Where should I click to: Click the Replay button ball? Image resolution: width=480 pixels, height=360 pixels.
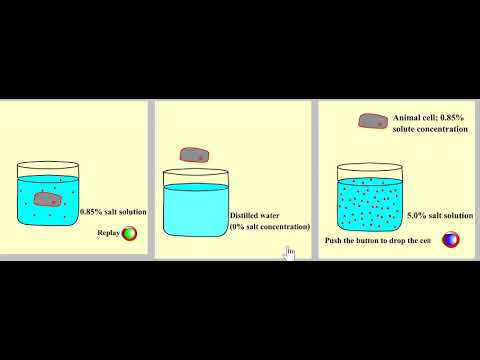(x=129, y=235)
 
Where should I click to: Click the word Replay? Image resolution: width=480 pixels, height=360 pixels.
(x=108, y=234)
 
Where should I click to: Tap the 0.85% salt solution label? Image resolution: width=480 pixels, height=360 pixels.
(x=113, y=212)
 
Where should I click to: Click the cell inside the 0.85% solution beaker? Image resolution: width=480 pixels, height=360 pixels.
(x=47, y=198)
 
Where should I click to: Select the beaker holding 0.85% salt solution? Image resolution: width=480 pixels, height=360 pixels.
(x=46, y=196)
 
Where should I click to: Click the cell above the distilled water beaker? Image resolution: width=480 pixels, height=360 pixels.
(x=194, y=155)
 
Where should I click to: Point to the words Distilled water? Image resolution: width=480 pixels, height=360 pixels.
(x=256, y=215)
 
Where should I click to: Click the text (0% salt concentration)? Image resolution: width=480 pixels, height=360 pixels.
(x=269, y=227)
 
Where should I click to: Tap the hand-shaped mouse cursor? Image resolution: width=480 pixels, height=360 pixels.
(x=289, y=252)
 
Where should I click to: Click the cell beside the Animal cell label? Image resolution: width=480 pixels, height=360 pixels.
(x=374, y=121)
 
